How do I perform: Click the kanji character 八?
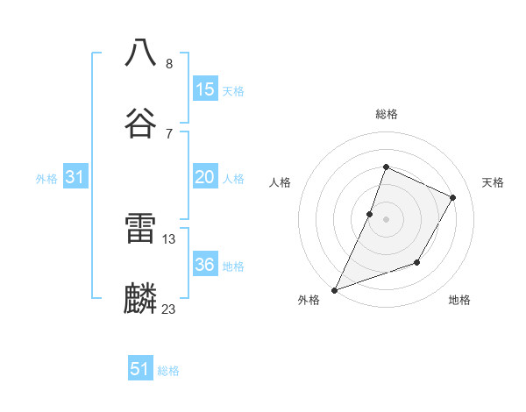pyautogui.click(x=141, y=53)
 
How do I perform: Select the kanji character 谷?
pyautogui.click(x=141, y=122)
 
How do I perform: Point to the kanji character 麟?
pyautogui.click(x=141, y=299)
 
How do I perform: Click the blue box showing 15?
pyautogui.click(x=205, y=89)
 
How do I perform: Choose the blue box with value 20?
pyautogui.click(x=205, y=177)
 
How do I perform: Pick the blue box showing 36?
pyautogui.click(x=205, y=265)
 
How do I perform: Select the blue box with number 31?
pyautogui.click(x=75, y=177)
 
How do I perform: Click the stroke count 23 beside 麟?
pyautogui.click(x=169, y=309)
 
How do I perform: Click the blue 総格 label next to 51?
pyautogui.click(x=168, y=371)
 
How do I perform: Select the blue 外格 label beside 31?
pyautogui.click(x=46, y=179)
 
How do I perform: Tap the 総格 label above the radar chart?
pyautogui.click(x=386, y=114)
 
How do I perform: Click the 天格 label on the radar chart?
pyautogui.click(x=493, y=182)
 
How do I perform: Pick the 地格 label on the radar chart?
pyautogui.click(x=459, y=300)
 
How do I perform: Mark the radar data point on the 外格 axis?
pyautogui.click(x=334, y=289)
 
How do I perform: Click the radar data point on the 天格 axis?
pyautogui.click(x=453, y=197)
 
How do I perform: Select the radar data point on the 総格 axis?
pyautogui.click(x=386, y=167)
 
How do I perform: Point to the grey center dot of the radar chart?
pyautogui.click(x=386, y=219)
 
